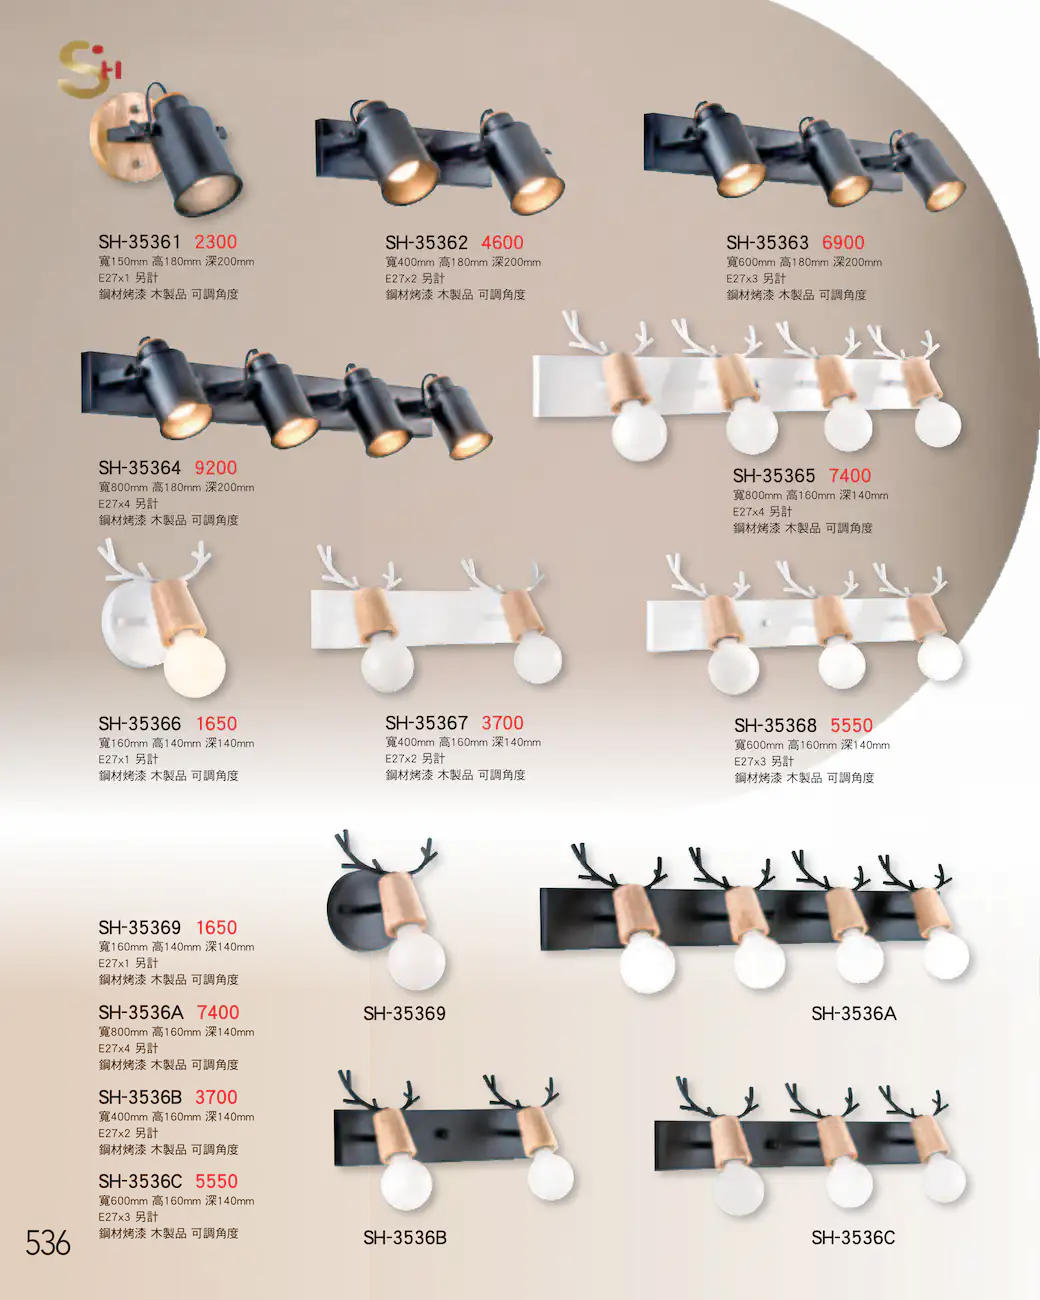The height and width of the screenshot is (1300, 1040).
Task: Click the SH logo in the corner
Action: pyautogui.click(x=89, y=69)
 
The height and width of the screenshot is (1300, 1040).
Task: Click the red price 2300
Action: pyautogui.click(x=216, y=242)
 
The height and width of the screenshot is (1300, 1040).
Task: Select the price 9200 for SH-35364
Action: pyautogui.click(x=216, y=468)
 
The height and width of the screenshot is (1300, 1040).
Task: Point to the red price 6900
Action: pyautogui.click(x=843, y=242)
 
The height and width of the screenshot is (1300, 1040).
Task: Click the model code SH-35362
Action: pyautogui.click(x=427, y=242)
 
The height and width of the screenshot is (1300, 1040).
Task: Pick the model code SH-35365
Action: pyautogui.click(x=774, y=475)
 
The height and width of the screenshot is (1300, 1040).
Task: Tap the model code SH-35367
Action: pyautogui.click(x=427, y=722)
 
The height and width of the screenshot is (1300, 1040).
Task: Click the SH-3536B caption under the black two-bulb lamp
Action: pyautogui.click(x=405, y=1238)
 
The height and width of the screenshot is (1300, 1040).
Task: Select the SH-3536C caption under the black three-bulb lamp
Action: pyautogui.click(x=853, y=1238)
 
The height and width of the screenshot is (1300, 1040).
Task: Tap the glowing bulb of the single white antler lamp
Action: pyautogui.click(x=195, y=666)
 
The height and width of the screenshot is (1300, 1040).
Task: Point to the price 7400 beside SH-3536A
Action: pyautogui.click(x=218, y=1012)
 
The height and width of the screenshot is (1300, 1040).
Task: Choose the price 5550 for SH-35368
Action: pyautogui.click(x=851, y=725)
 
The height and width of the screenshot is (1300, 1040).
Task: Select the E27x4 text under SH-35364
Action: pyautogui.click(x=114, y=503)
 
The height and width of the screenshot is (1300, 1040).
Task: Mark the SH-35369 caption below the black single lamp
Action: pyautogui.click(x=404, y=1013)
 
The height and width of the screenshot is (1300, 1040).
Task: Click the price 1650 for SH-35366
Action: pyautogui.click(x=216, y=723)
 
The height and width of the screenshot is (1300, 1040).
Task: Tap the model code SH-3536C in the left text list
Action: pyautogui.click(x=140, y=1181)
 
